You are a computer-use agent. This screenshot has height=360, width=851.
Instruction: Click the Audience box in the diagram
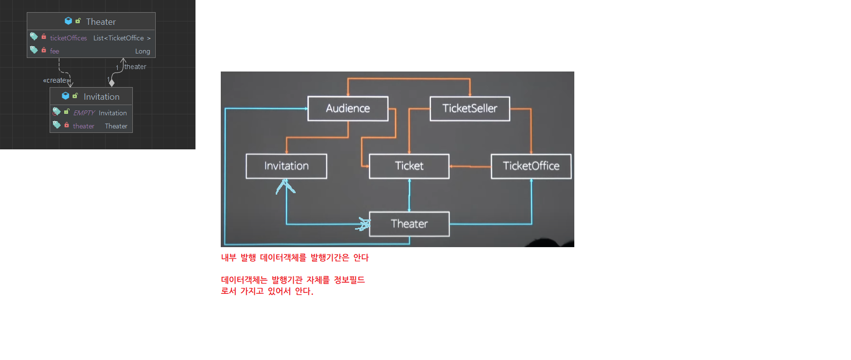[348, 108]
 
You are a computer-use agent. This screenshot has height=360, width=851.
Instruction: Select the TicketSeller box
[470, 108]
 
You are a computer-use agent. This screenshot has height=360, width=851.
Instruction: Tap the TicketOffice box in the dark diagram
[531, 166]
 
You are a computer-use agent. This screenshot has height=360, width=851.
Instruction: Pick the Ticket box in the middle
[409, 166]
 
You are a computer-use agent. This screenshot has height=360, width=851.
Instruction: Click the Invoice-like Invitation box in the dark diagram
[286, 166]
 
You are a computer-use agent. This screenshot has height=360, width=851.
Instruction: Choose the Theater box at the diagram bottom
[409, 224]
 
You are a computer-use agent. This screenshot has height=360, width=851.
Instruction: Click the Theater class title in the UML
[101, 22]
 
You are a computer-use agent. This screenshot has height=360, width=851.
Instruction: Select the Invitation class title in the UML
[101, 97]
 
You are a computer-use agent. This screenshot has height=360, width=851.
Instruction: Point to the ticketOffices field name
[69, 38]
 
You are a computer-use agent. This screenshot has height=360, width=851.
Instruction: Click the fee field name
[54, 51]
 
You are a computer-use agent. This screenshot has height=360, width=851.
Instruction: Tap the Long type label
[142, 51]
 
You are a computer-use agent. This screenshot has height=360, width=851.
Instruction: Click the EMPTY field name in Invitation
[84, 113]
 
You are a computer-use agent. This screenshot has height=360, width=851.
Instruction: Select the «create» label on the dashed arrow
[56, 80]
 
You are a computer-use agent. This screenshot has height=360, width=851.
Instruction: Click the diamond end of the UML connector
[112, 83]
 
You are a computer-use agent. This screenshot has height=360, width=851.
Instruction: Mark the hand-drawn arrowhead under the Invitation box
[285, 186]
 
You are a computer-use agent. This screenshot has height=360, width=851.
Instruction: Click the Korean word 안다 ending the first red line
[361, 257]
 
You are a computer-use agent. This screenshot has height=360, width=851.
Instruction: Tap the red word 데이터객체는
[244, 280]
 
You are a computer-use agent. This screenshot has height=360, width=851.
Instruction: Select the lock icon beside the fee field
[44, 50]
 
